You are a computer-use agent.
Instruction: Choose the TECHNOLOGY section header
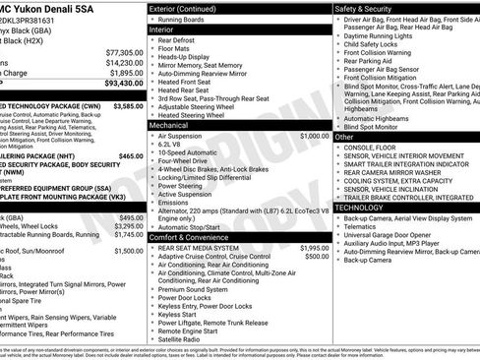[x=359, y=208]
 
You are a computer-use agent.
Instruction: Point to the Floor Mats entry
[x=176, y=47]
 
